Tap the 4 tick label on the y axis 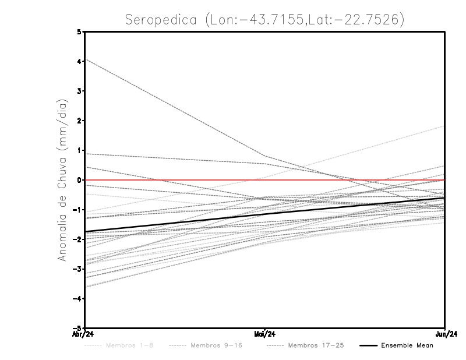pos(79,61)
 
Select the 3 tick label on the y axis pos(79,91)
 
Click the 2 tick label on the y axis pos(79,121)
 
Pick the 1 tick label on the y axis pos(79,150)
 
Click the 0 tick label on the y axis pos(79,180)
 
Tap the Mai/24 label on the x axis pos(265,334)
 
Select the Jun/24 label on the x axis pos(445,334)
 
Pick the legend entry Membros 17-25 pos(316,345)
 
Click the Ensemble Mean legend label pos(407,345)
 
